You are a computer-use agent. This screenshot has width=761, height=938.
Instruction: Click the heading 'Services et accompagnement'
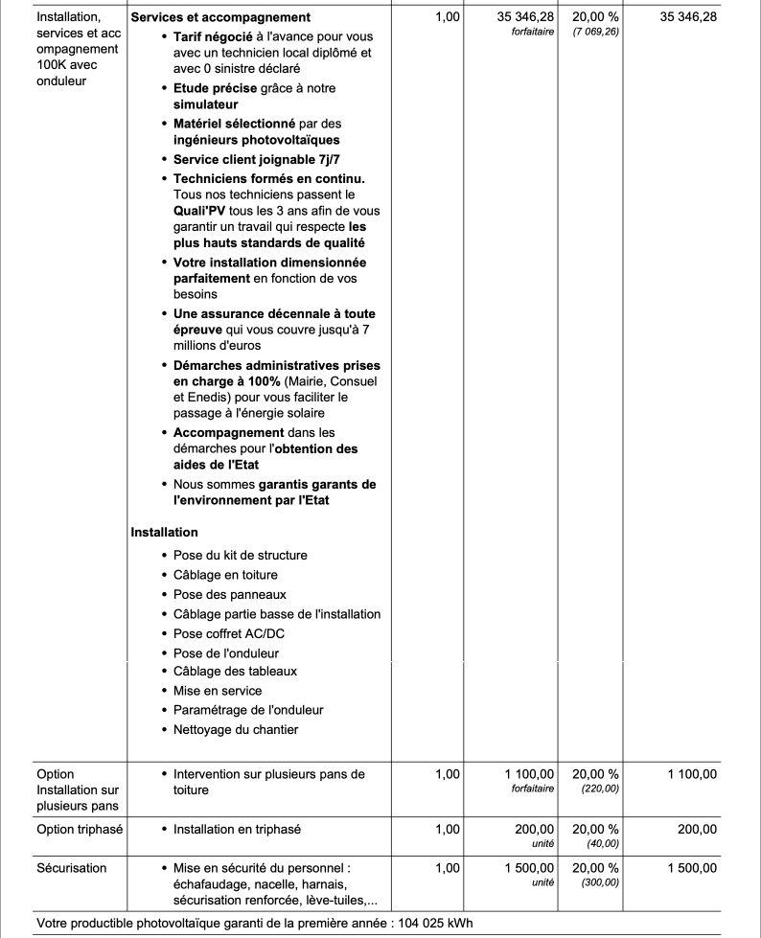220,18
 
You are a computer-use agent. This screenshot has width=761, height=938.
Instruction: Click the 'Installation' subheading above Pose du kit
164,532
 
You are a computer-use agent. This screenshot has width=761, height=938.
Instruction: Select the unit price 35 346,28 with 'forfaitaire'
525,18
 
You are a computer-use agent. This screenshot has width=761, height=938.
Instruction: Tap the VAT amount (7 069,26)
595,33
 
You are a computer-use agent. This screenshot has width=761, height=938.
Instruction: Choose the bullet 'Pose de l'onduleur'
225,652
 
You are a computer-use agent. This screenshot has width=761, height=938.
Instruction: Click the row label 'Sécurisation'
72,868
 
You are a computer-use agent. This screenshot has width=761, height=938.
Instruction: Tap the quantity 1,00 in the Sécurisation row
447,868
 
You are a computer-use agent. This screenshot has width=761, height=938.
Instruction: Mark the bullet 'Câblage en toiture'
225,575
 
